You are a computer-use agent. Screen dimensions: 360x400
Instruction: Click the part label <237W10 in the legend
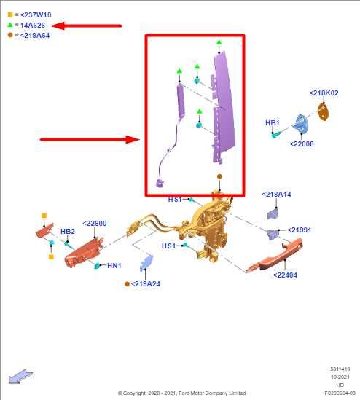(36, 15)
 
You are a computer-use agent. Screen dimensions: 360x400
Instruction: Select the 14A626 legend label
(33, 26)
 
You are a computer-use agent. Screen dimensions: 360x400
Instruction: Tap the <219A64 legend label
(35, 36)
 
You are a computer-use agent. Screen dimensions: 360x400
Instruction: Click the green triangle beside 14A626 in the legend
(10, 25)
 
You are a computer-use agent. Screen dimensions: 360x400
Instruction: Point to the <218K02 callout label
(324, 93)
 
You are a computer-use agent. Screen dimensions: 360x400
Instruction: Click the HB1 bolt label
(273, 123)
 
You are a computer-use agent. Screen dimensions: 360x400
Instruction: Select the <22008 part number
(301, 144)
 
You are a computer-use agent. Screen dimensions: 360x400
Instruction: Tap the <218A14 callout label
(276, 195)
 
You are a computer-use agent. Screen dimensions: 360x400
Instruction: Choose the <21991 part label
(300, 230)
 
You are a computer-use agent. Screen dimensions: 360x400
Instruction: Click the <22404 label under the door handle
(285, 275)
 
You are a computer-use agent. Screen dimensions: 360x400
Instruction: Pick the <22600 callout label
(95, 224)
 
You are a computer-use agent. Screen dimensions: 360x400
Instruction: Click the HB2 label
(68, 232)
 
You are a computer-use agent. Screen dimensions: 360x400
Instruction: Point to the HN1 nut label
(114, 265)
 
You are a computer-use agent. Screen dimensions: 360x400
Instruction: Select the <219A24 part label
(146, 284)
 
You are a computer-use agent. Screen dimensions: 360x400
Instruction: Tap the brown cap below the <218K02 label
(324, 111)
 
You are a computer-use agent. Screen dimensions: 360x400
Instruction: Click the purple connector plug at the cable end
(160, 183)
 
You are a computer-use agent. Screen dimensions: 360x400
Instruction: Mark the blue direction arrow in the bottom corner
(20, 376)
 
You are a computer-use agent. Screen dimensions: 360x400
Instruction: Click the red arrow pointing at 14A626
(86, 26)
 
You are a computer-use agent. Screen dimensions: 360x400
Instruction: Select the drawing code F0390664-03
(340, 393)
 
